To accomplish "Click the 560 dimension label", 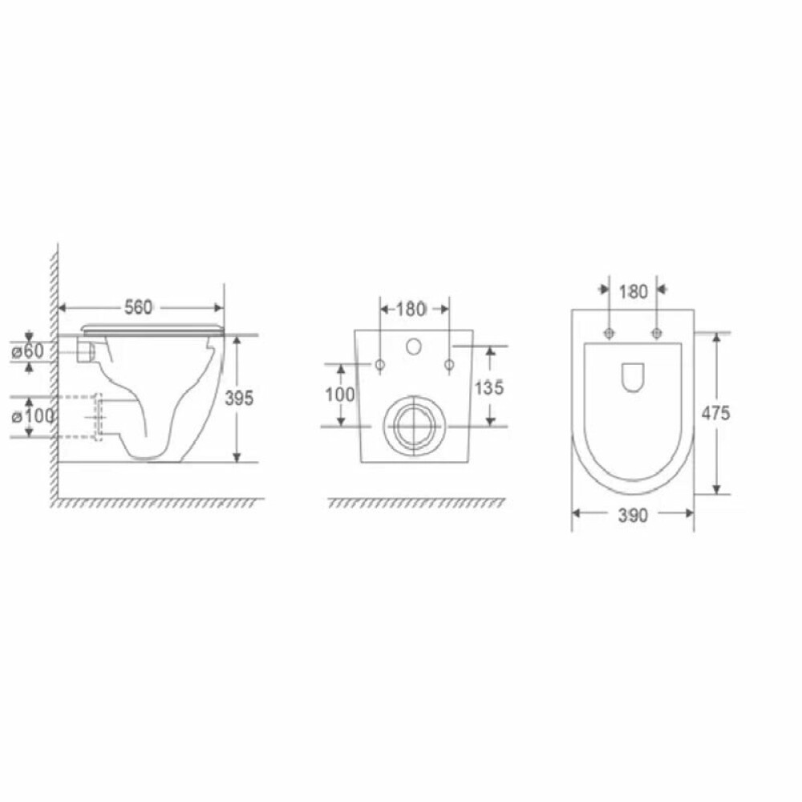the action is click(138, 307).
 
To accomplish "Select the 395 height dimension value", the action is click(239, 398).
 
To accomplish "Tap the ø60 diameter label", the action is click(29, 351).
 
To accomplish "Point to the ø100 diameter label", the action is click(33, 416).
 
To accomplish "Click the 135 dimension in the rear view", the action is click(489, 387).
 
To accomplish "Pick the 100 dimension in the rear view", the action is click(339, 395).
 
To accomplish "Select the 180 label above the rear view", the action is click(411, 309).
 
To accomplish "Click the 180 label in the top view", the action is click(634, 292).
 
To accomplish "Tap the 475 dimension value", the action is click(715, 413).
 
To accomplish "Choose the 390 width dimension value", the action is click(633, 516).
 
